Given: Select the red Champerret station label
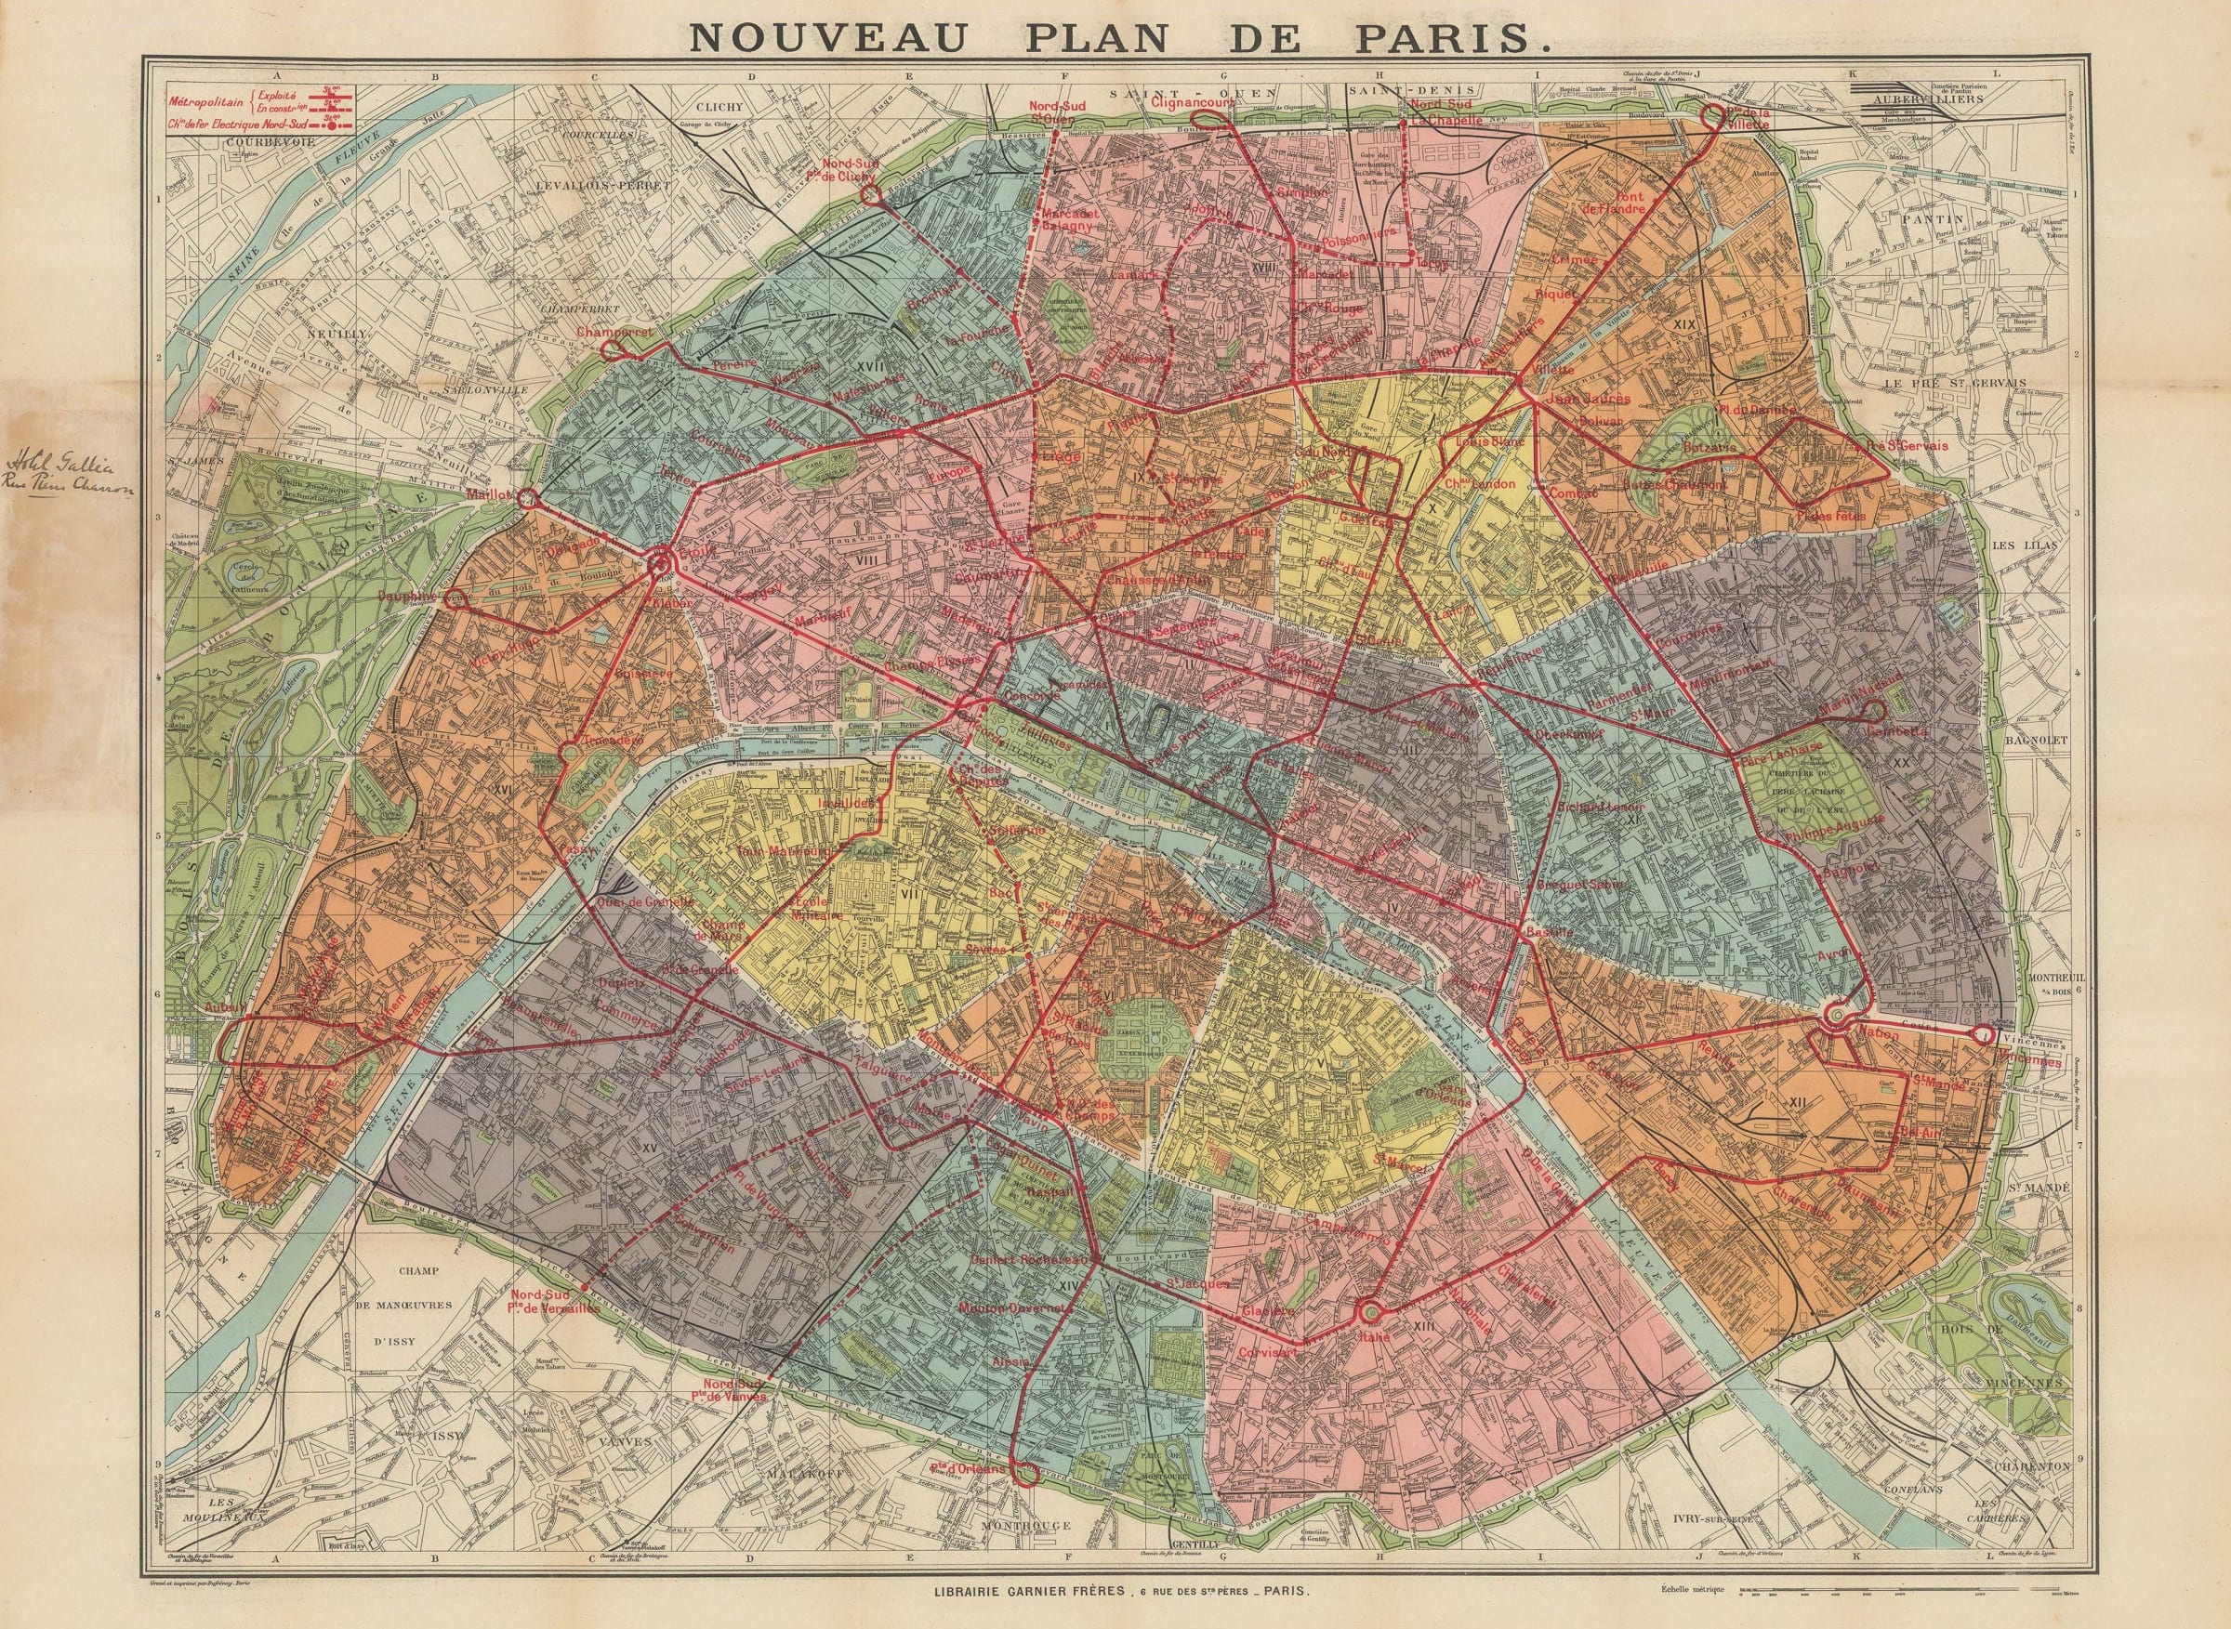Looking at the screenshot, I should pos(615,333).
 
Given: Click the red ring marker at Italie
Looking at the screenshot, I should pos(1369,1310).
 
